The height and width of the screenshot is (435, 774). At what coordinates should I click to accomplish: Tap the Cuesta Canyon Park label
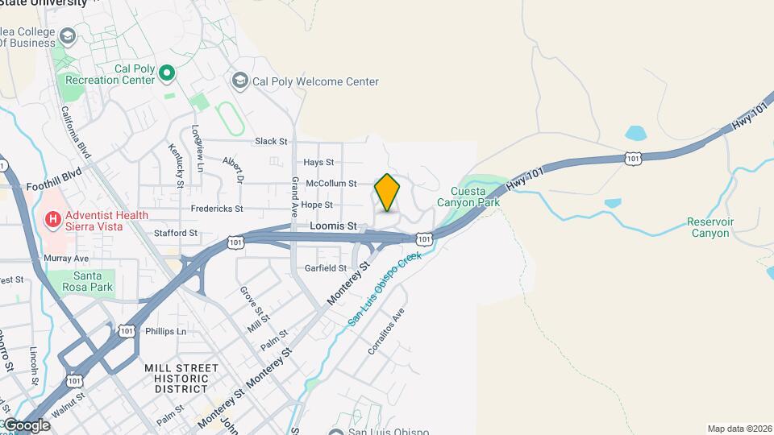pyautogui.click(x=468, y=197)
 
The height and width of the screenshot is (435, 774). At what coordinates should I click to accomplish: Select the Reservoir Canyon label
pyautogui.click(x=709, y=227)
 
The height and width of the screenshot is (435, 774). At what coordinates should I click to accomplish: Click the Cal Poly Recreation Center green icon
pyautogui.click(x=167, y=75)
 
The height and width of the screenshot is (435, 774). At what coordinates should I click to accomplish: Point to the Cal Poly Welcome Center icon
pyautogui.click(x=239, y=81)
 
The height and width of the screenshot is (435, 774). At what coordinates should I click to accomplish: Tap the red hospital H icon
pyautogui.click(x=53, y=218)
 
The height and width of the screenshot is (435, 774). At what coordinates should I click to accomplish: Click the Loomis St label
pyautogui.click(x=333, y=226)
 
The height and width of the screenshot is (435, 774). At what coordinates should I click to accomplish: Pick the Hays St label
pyautogui.click(x=318, y=163)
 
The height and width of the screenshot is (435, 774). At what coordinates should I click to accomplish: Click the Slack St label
pyautogui.click(x=271, y=141)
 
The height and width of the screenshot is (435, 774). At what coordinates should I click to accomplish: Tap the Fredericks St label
pyautogui.click(x=217, y=209)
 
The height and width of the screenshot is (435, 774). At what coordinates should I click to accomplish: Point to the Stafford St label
pyautogui.click(x=176, y=233)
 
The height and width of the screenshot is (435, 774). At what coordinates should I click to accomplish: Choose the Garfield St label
pyautogui.click(x=326, y=268)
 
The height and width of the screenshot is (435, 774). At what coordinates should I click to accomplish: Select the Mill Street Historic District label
pyautogui.click(x=181, y=379)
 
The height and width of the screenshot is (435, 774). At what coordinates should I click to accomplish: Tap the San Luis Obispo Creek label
pyautogui.click(x=385, y=289)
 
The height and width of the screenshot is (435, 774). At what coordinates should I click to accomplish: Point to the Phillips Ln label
pyautogui.click(x=165, y=331)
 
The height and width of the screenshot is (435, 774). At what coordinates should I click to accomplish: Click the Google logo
pyautogui.click(x=26, y=425)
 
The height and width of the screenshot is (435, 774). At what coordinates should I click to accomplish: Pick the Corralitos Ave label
pyautogui.click(x=385, y=331)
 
